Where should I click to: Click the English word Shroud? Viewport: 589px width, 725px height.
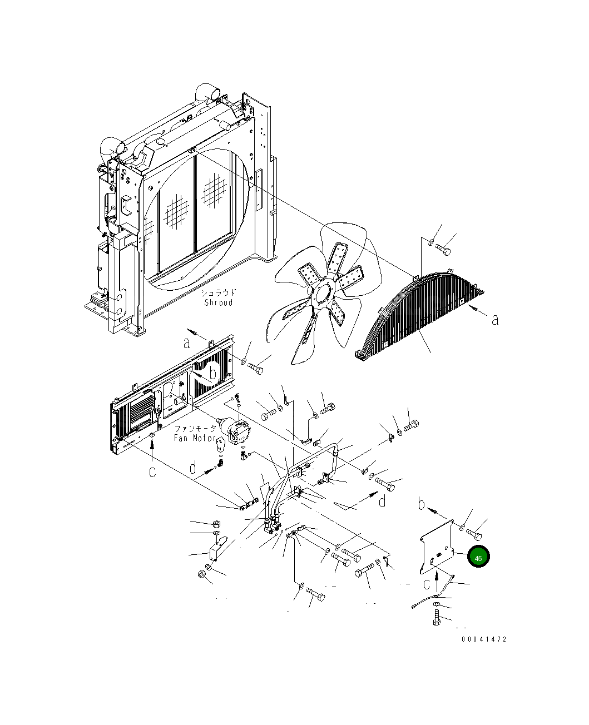pos(218,302)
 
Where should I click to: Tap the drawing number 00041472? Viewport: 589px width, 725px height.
pos(484,640)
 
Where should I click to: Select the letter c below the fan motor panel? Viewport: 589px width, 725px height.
pos(152,472)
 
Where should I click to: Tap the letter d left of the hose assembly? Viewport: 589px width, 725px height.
pos(193,468)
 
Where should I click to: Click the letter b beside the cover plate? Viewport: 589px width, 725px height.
pos(422,504)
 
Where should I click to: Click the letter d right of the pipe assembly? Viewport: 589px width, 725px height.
pos(382,501)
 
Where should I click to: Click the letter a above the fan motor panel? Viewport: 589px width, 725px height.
pos(187,343)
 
